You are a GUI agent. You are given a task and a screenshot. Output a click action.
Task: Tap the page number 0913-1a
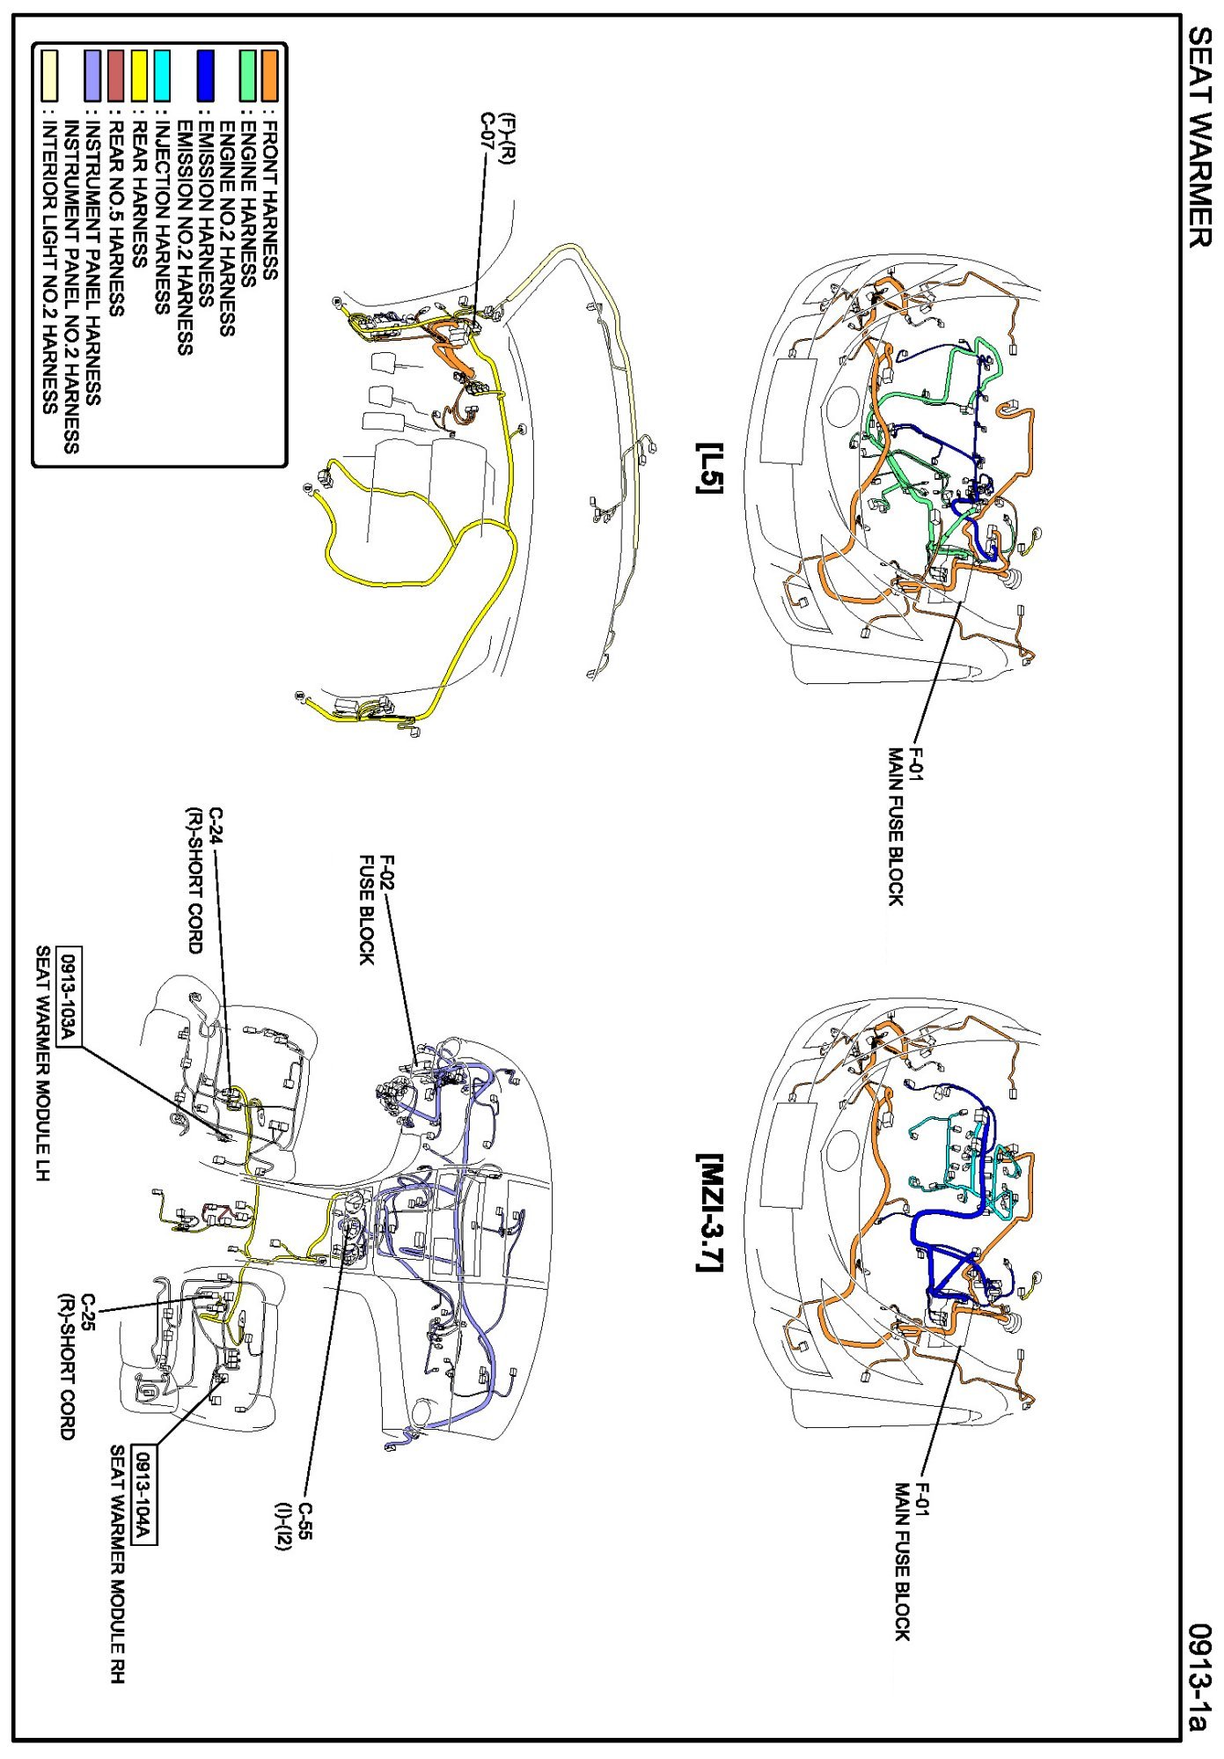coord(1199,1677)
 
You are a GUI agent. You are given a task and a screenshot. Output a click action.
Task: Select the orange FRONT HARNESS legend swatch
coord(269,75)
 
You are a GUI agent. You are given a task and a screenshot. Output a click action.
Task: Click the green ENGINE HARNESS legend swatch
coord(248,75)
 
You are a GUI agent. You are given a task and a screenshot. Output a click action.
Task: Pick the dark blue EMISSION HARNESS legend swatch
coord(205,75)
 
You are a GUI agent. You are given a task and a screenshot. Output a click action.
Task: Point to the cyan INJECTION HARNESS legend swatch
coord(162,75)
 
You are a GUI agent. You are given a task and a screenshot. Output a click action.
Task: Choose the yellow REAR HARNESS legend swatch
coord(139,75)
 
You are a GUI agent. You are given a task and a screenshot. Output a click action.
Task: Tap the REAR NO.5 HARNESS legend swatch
coord(115,75)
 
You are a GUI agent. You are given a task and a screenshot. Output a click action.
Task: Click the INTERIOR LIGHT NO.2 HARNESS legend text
coord(49,264)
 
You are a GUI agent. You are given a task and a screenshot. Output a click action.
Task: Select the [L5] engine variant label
coord(709,467)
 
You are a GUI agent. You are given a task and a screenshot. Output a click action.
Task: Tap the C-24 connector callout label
coord(216,826)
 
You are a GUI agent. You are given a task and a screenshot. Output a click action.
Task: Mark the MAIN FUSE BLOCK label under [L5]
coord(895,827)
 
